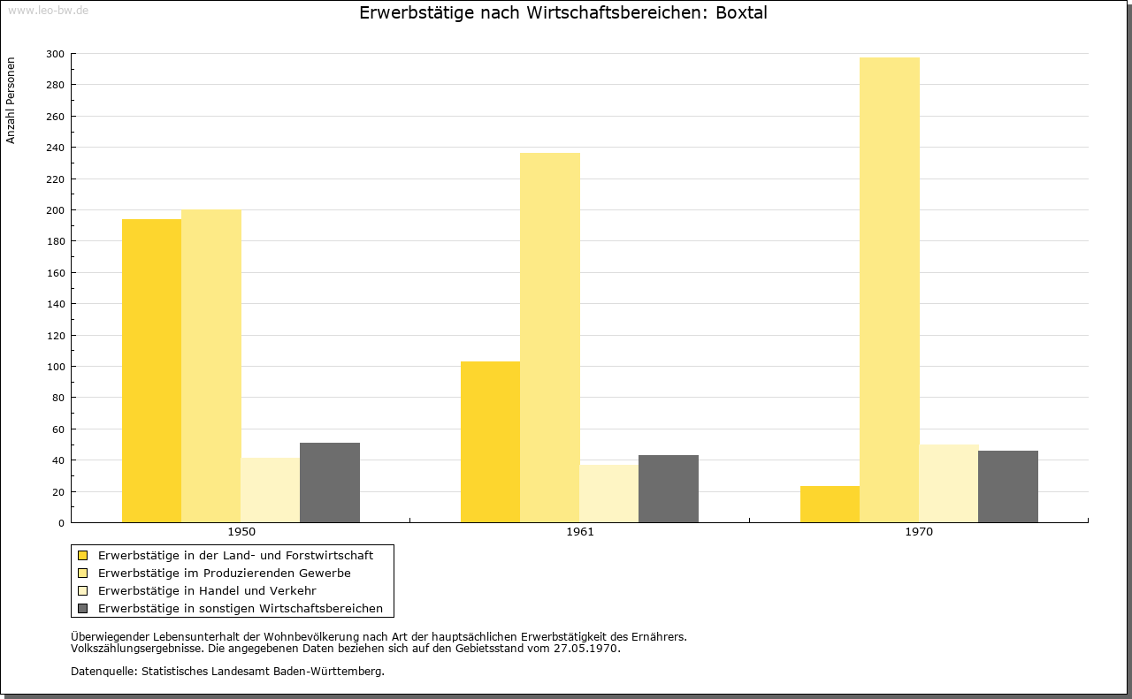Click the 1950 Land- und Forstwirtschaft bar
click(151, 371)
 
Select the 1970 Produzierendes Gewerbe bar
click(890, 290)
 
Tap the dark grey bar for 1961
click(669, 489)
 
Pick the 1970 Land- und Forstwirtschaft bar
click(830, 504)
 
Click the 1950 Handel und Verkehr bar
click(271, 490)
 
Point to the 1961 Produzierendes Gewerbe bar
click(550, 338)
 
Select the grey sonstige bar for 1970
click(1008, 486)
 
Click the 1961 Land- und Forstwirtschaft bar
click(490, 442)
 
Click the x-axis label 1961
click(580, 532)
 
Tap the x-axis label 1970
click(919, 532)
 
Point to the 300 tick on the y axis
click(55, 54)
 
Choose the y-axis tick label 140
click(55, 304)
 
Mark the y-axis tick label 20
click(58, 492)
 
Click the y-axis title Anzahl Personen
click(11, 101)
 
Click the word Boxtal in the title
click(741, 13)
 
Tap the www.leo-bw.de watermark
click(48, 10)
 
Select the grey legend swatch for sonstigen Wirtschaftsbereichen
click(82, 609)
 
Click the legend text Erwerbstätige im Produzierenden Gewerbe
click(225, 574)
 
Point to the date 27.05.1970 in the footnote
click(585, 649)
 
